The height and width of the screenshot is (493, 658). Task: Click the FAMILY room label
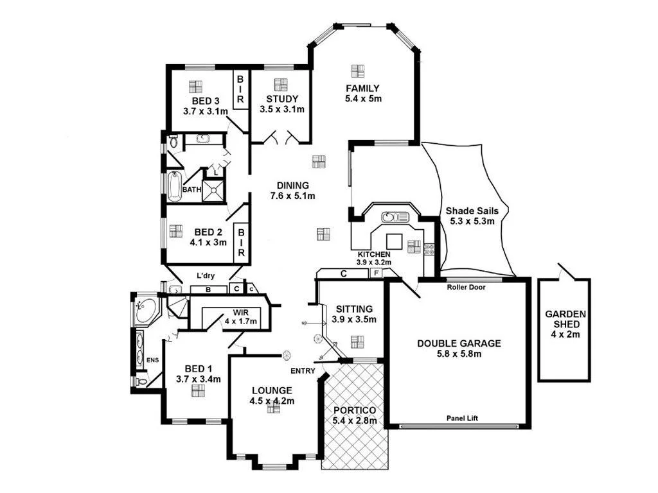click(362, 89)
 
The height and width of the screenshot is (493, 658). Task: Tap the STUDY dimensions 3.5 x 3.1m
click(281, 109)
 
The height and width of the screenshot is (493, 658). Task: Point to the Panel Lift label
click(463, 419)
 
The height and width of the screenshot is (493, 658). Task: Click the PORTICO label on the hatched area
click(354, 410)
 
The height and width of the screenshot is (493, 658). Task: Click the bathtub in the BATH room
click(174, 186)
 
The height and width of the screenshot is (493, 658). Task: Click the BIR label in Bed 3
click(240, 89)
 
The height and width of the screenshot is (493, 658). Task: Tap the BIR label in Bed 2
click(241, 242)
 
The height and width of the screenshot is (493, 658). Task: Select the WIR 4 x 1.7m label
click(236, 317)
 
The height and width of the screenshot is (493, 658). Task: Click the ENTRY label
click(302, 371)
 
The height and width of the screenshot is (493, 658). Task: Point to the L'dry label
click(206, 276)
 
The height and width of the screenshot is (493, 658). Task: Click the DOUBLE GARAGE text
click(459, 343)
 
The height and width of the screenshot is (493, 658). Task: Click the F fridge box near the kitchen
click(376, 273)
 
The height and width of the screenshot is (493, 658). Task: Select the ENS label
click(152, 360)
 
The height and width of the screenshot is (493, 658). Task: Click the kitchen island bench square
click(394, 241)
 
